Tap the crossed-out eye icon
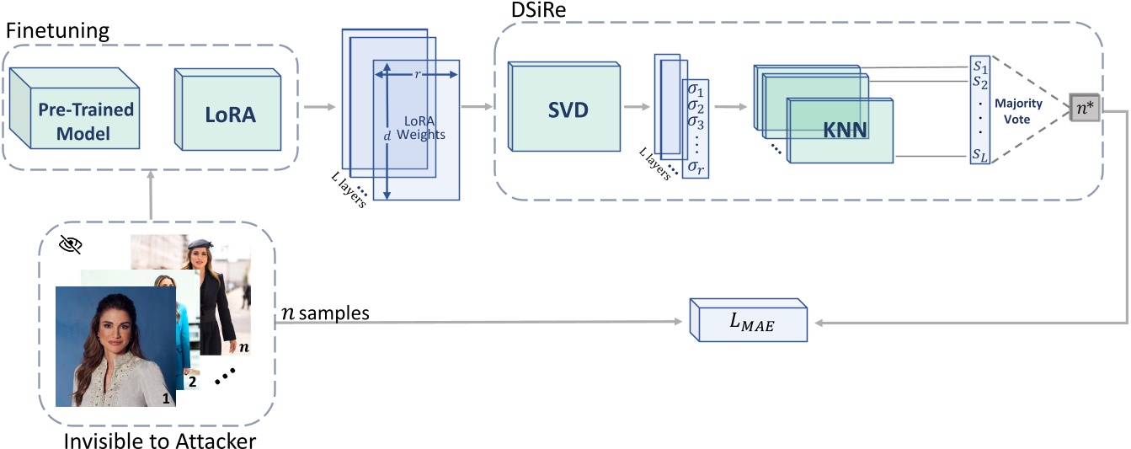click(x=70, y=244)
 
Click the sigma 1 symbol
click(x=696, y=88)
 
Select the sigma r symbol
click(x=696, y=168)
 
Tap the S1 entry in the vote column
click(x=979, y=65)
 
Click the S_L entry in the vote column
click(x=979, y=157)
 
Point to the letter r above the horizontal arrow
click(x=419, y=73)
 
